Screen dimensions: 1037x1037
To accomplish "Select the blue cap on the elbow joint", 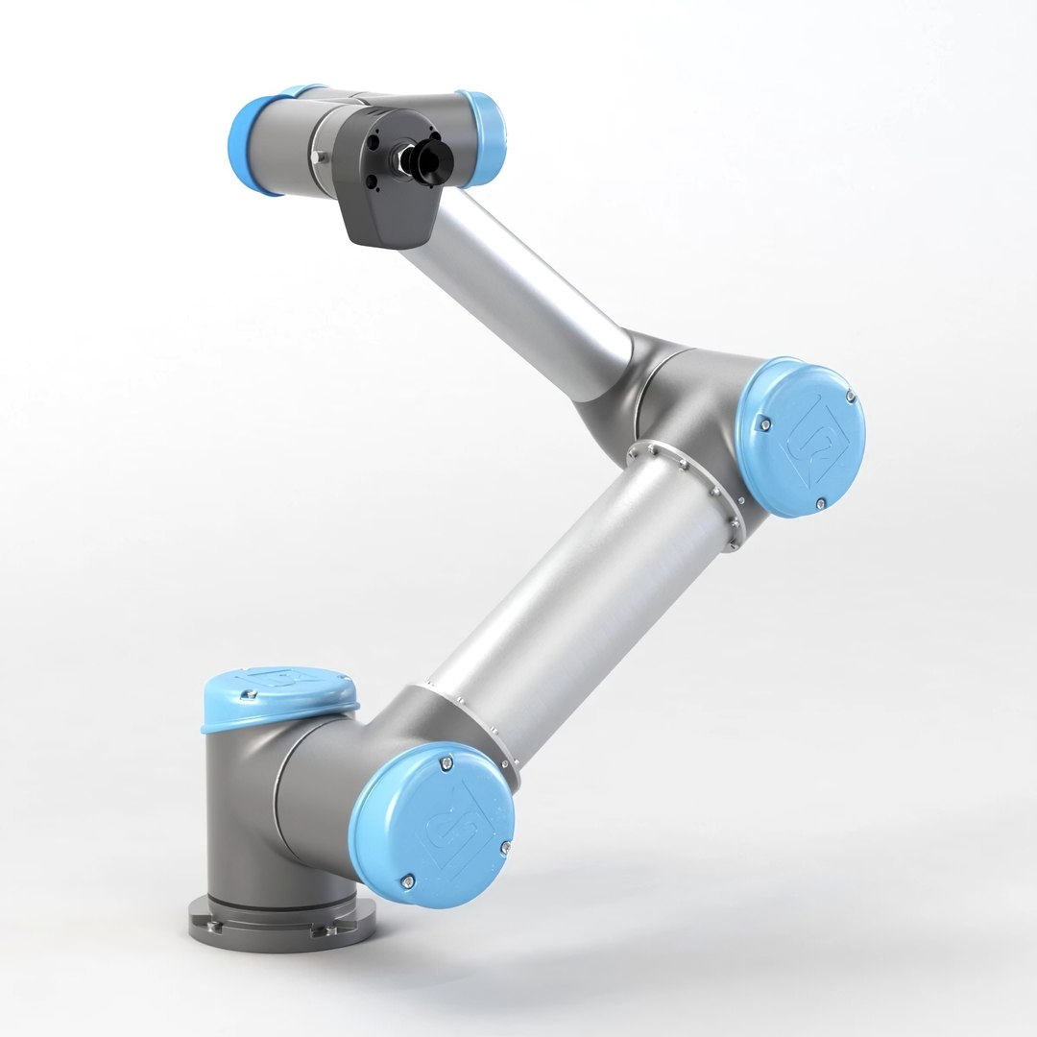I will coord(801,437).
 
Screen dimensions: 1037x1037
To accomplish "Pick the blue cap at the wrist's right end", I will coord(486,139).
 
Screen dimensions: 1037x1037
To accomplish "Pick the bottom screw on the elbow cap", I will coord(822,503).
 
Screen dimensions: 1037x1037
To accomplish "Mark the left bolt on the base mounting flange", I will coord(214,927).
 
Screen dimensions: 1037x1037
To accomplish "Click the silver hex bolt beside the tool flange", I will coord(318,154).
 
